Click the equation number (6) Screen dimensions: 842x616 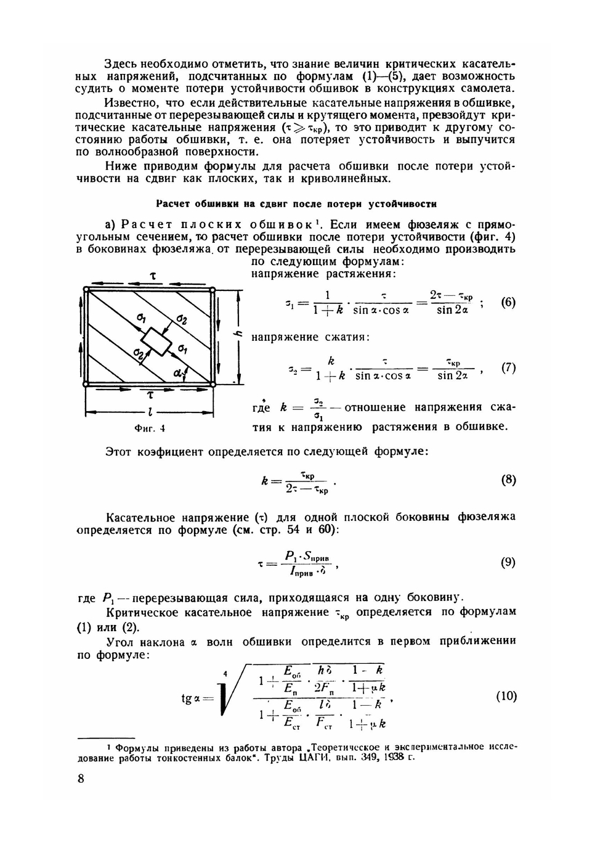point(508,303)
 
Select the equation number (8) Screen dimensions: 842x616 point(508,480)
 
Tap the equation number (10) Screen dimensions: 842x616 point(506,697)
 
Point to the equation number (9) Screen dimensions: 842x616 point(508,563)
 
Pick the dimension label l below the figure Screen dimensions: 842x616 point(150,411)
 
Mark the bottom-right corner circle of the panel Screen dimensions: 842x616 point(213,383)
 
